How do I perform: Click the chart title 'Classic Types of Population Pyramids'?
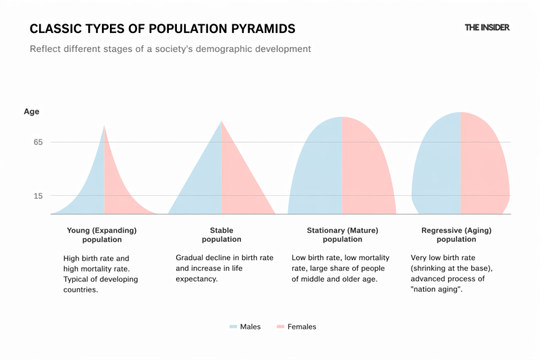click(x=162, y=29)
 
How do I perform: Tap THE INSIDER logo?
click(x=487, y=28)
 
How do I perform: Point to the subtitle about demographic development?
click(x=170, y=49)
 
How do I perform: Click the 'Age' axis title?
click(x=32, y=111)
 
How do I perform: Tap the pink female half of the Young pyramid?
click(x=115, y=196)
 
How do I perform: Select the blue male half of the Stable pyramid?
click(x=202, y=189)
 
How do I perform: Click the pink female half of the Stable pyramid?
click(x=240, y=189)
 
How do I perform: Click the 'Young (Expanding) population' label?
click(x=102, y=234)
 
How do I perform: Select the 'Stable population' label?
click(x=221, y=234)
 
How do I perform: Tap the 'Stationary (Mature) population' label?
click(x=342, y=234)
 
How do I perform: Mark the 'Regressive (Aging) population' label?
click(x=456, y=234)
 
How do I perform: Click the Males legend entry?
click(x=245, y=327)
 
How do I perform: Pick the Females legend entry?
click(x=296, y=327)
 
